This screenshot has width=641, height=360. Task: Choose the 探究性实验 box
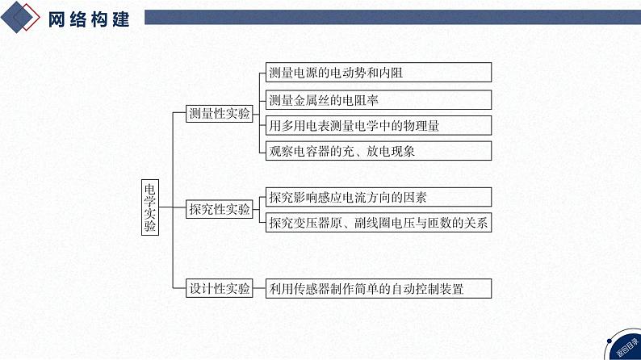click(220, 210)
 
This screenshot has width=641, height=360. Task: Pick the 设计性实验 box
click(220, 288)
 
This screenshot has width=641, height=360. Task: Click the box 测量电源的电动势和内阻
click(378, 73)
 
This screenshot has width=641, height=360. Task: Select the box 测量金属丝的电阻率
click(378, 100)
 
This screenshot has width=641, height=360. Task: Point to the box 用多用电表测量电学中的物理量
click(378, 125)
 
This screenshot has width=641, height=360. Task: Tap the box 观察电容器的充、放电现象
click(378, 151)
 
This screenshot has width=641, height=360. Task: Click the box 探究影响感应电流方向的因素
click(378, 197)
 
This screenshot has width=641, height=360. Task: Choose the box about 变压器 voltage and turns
click(378, 223)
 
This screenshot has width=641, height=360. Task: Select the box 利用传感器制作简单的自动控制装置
click(378, 288)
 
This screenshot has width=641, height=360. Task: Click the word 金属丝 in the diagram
click(320, 100)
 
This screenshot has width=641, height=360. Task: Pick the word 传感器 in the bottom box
click(314, 288)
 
